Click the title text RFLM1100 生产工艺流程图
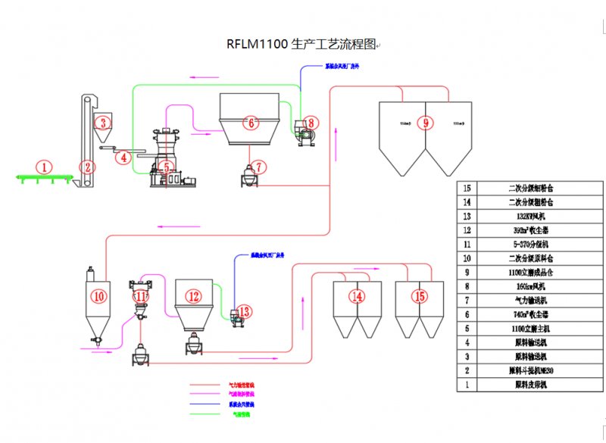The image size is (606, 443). (x=301, y=44)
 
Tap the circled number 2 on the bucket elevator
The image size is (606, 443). (x=88, y=167)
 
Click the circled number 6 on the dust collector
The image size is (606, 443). (x=250, y=122)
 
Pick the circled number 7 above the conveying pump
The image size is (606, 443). (x=259, y=166)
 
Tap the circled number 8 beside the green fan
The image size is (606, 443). (x=312, y=122)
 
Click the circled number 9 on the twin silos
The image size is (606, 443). (x=425, y=122)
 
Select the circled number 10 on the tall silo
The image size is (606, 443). (x=99, y=296)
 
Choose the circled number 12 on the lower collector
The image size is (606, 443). (x=194, y=296)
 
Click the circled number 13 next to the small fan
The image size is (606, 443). (x=243, y=310)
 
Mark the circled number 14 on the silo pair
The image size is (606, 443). (x=356, y=296)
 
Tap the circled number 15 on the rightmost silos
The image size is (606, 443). (x=419, y=296)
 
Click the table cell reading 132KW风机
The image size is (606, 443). (x=530, y=215)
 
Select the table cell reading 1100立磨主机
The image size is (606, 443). (x=530, y=329)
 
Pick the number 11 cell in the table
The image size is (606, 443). (x=467, y=245)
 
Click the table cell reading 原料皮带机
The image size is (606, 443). (x=530, y=385)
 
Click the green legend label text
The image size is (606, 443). (x=241, y=415)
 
